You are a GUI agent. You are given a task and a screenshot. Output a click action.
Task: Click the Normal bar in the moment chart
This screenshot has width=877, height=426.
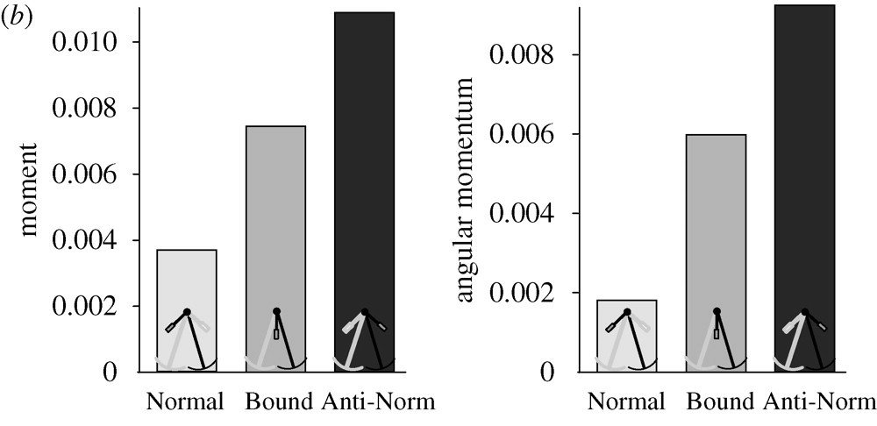(x=187, y=280)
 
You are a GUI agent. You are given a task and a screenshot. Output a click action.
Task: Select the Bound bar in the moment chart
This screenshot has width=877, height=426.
(x=275, y=219)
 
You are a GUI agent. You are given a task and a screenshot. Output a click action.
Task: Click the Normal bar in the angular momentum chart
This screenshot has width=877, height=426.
(x=626, y=316)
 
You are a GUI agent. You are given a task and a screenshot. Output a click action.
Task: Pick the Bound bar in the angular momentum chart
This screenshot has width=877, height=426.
(x=716, y=228)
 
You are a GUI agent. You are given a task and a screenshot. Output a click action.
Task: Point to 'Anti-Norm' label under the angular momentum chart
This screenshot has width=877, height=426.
(x=819, y=402)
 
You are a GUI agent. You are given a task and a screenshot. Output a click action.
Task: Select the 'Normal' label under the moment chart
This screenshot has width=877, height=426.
(x=185, y=402)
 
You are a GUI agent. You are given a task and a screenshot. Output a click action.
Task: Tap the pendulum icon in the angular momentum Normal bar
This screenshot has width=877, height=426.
(x=626, y=340)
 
